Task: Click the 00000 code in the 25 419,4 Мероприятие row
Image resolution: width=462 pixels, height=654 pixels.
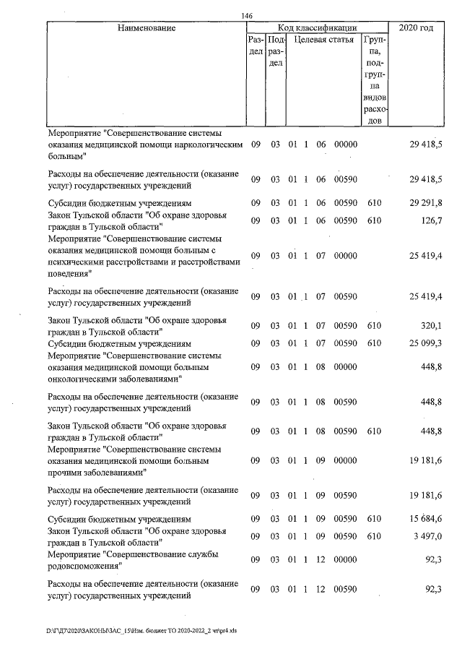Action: pos(346,255)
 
